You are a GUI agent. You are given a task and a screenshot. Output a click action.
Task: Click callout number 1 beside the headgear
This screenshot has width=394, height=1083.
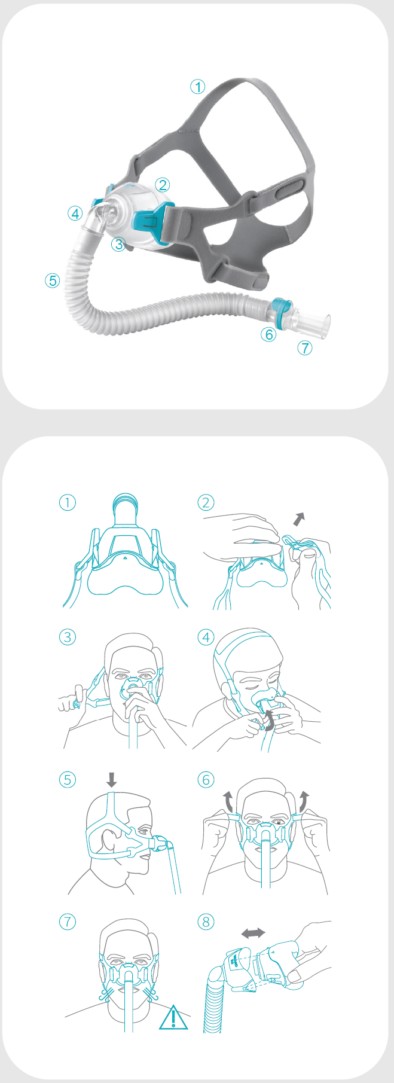point(197,87)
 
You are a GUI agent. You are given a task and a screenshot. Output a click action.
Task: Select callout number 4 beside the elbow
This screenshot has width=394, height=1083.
point(74,213)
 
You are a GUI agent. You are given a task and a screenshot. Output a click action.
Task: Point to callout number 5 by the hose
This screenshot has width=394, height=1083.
point(53,280)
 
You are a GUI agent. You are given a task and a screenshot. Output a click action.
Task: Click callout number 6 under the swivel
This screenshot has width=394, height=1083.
point(268,334)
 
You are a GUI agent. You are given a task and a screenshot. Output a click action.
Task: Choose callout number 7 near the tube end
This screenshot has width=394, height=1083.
point(305,347)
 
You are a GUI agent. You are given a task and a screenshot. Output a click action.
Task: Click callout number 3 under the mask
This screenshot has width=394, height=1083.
point(119,244)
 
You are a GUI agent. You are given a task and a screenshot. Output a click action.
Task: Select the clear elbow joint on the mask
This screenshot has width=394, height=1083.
point(96,219)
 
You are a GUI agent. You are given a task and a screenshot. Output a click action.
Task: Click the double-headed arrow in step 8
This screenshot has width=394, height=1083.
point(252,933)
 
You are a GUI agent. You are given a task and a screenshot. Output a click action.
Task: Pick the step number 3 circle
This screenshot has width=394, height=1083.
point(68,637)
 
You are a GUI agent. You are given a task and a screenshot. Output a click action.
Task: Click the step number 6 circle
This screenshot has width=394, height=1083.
point(206,779)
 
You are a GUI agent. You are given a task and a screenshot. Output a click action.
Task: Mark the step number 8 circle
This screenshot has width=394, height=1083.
point(206,922)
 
